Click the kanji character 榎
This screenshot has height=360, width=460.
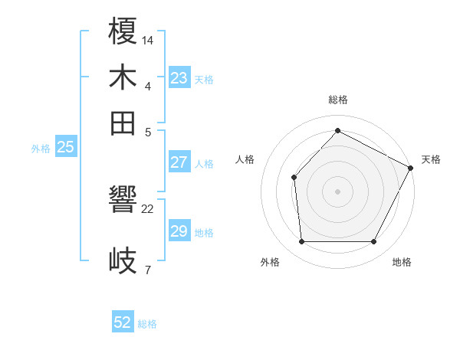(x=123, y=32)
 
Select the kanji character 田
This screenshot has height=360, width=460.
(x=123, y=123)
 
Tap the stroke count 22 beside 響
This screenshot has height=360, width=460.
(x=148, y=208)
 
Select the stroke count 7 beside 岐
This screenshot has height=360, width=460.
(x=147, y=269)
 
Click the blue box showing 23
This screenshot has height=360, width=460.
(x=179, y=78)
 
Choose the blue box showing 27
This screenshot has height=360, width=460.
(x=179, y=162)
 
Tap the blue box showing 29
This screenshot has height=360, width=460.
(x=179, y=231)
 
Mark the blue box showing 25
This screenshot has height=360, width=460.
(x=65, y=147)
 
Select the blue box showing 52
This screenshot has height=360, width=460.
(x=123, y=322)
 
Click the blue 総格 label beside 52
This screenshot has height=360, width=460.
(x=147, y=324)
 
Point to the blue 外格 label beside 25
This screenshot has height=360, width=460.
(x=41, y=149)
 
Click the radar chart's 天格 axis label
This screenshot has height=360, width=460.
(x=431, y=159)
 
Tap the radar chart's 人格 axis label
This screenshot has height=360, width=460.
(x=245, y=159)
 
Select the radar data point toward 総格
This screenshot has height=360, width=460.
(x=337, y=130)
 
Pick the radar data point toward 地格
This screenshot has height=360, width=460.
(x=374, y=242)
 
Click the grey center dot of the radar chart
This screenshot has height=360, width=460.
(x=337, y=191)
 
